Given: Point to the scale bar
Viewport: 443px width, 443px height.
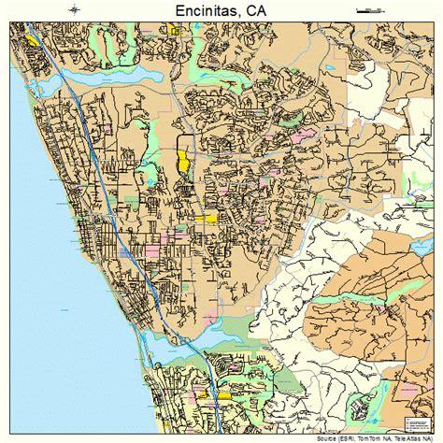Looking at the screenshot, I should tap(370, 10).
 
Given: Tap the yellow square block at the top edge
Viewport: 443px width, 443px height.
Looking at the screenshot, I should tap(174, 30).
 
